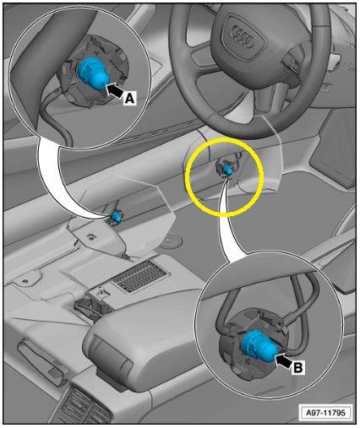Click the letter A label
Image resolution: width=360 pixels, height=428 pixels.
pos(129,99)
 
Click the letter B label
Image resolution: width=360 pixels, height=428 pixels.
pos(298,367)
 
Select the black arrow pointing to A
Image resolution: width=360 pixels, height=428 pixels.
pos(115,89)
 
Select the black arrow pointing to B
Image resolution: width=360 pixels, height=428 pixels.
pos(283,361)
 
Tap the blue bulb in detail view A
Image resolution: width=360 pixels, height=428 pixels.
pos(92,73)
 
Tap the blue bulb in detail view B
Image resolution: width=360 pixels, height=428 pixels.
pos(259,346)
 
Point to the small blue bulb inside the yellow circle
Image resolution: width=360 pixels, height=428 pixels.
pos(226,170)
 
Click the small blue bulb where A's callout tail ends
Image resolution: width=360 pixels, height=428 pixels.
pos(116,216)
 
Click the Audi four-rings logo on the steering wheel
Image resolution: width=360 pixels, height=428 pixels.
pos(242,36)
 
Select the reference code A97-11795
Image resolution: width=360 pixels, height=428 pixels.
pos(325,413)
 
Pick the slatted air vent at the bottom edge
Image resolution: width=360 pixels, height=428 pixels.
pos(82,406)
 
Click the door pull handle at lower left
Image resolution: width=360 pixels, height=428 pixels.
pos(42,358)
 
